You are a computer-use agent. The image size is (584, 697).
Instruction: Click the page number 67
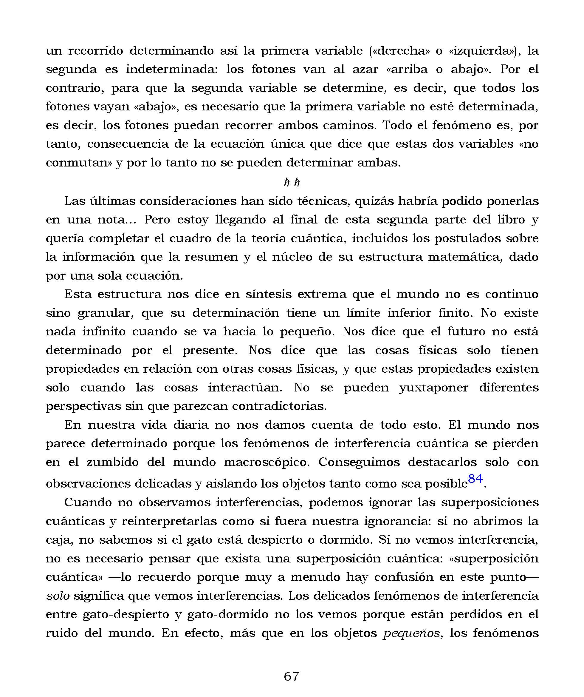point(292,676)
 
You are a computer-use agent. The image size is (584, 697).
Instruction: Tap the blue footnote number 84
point(475,479)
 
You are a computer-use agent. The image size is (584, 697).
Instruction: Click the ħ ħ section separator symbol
point(292,182)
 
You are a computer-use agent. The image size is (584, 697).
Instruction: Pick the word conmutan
point(78,163)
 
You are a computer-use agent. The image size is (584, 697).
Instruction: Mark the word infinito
point(104,331)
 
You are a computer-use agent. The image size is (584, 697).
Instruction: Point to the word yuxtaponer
point(434,387)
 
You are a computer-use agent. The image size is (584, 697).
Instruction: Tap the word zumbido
point(112,462)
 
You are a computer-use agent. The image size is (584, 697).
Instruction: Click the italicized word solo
point(58,596)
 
